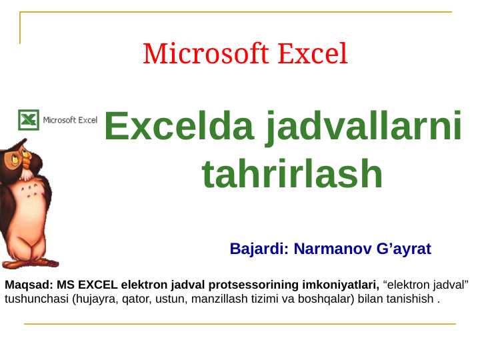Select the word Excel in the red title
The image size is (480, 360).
click(x=313, y=53)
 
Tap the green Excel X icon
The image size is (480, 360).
click(x=28, y=120)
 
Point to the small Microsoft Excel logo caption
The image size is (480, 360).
click(x=70, y=121)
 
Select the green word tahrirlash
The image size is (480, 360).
click(x=292, y=175)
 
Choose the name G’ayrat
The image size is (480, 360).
click(x=404, y=249)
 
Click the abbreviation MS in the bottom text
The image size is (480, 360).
click(x=65, y=285)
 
